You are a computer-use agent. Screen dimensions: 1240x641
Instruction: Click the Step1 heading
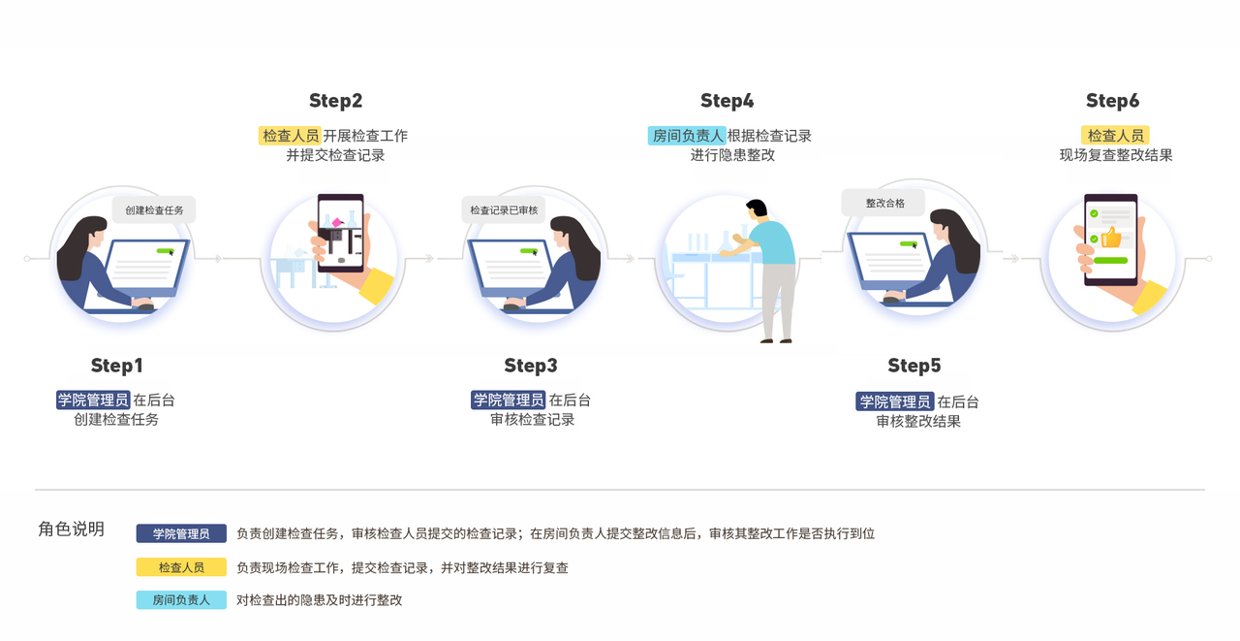117,366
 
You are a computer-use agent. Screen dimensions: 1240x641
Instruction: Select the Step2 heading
335,101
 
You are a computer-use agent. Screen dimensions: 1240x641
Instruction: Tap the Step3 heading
530,366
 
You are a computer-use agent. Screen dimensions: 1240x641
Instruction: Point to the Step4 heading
727,101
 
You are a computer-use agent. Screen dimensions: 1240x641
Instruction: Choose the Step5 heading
914,366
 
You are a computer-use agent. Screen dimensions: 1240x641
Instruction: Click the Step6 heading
1112,101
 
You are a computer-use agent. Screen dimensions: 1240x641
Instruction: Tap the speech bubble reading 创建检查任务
154,210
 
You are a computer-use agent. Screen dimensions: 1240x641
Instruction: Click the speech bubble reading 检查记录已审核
504,210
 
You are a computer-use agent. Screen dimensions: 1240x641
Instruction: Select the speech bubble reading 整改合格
883,204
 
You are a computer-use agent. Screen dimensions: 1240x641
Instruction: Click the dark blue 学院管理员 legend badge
181,533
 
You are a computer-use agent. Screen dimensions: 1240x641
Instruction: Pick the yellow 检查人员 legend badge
181,567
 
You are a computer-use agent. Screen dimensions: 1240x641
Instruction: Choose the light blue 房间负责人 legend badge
181,600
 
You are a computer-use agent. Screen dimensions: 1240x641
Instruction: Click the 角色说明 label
71,529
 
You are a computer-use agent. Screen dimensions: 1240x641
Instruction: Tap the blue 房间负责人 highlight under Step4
687,136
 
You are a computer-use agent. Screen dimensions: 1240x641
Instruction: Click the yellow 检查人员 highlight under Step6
1115,135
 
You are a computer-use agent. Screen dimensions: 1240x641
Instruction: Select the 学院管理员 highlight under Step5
895,401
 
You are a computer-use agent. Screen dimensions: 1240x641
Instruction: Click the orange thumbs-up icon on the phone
1111,238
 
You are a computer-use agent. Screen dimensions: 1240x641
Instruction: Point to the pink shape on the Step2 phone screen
336,222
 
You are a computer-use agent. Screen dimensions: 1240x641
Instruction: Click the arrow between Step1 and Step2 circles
218,259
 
